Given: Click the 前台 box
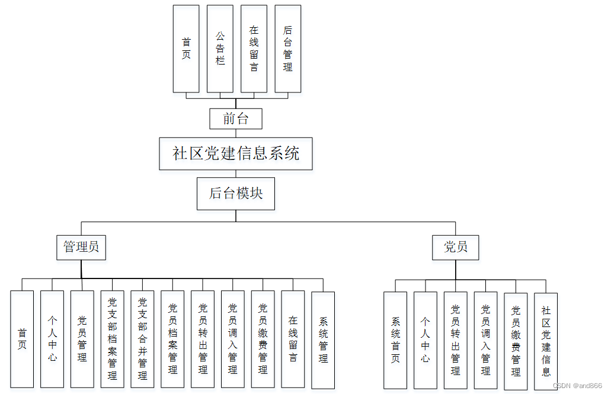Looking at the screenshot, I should [236, 118].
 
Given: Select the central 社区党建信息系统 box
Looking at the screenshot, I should [236, 154].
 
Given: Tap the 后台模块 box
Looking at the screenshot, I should [236, 193].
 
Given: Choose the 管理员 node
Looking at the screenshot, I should [82, 247].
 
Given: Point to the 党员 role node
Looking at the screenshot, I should [456, 247].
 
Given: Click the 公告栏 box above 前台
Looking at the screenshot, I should [220, 49].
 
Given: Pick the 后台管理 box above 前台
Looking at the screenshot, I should [288, 49].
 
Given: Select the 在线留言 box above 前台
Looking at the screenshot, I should [254, 49].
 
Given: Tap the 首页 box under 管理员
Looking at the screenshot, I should [22, 339].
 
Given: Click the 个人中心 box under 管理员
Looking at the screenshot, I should [52, 339].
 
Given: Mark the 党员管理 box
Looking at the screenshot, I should [82, 339].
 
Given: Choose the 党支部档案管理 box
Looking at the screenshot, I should [113, 339].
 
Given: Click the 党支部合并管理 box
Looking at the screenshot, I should [142, 339].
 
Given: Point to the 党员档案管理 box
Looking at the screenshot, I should [172, 339].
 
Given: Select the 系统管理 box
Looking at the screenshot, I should [323, 339].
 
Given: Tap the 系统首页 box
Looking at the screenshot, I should [395, 340].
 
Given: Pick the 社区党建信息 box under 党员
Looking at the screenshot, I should [546, 341].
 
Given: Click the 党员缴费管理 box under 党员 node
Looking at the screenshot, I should [516, 341].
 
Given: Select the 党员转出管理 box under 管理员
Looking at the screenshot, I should [203, 339].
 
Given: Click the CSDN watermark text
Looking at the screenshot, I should [577, 385].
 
